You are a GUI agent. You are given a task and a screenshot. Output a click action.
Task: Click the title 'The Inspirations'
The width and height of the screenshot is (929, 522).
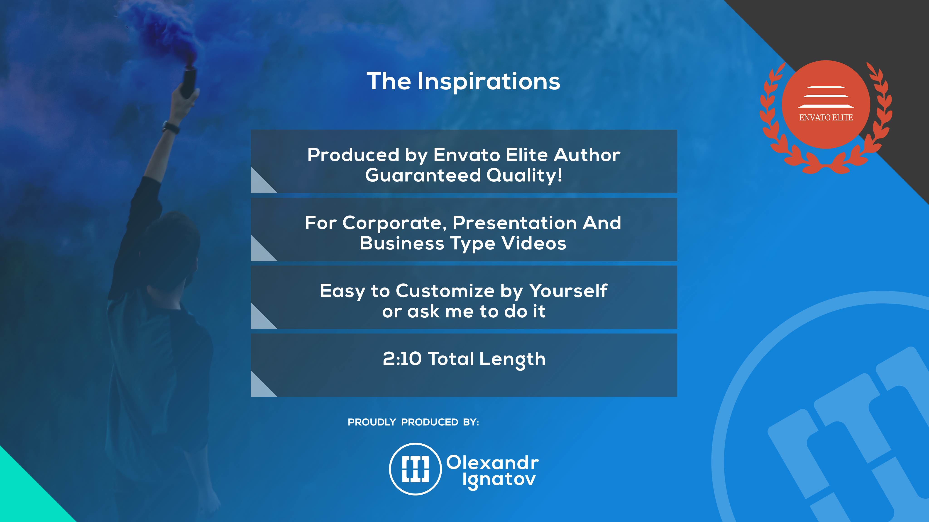pos(463,81)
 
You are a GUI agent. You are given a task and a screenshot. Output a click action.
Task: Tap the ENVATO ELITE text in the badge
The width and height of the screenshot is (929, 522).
pos(826,117)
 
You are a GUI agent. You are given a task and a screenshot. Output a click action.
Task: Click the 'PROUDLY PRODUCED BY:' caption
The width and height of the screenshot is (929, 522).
pos(413,422)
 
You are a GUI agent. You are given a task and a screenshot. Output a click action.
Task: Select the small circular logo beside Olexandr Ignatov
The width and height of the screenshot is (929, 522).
pos(416,469)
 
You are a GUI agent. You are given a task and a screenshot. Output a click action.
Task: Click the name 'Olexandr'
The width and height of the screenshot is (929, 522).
pos(493,463)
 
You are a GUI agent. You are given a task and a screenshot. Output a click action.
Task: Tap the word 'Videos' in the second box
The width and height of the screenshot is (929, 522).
pos(534,244)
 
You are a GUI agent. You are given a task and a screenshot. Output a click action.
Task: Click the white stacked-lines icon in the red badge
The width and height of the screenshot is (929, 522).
pos(826,97)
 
